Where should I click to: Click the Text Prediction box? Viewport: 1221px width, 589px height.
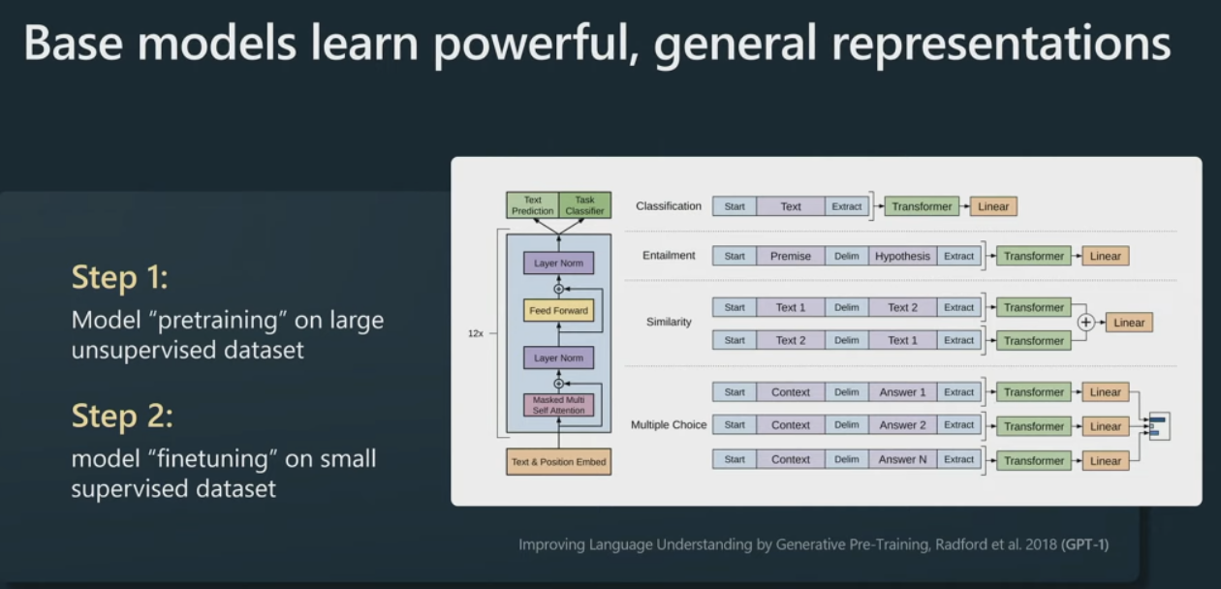(x=533, y=205)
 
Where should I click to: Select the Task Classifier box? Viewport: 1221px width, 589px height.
(x=584, y=205)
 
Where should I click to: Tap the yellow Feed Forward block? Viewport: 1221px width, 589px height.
(x=558, y=311)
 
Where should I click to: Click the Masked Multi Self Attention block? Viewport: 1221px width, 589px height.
(x=558, y=405)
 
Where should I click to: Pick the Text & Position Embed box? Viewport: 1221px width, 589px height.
(x=558, y=462)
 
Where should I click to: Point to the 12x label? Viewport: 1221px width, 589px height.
(x=476, y=332)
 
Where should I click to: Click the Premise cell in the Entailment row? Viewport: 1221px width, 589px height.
(x=791, y=256)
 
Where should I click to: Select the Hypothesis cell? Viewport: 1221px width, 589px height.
(x=902, y=256)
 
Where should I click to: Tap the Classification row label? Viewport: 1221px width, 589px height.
(x=669, y=206)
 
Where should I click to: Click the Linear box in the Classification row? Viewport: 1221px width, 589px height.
(x=993, y=206)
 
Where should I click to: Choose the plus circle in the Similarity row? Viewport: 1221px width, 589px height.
(x=1086, y=323)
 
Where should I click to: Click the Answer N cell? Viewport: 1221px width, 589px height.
(x=902, y=459)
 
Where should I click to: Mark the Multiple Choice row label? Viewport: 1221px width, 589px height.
(x=669, y=425)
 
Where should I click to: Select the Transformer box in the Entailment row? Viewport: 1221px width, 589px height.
(x=1033, y=256)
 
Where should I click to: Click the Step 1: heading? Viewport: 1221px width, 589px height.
(x=120, y=279)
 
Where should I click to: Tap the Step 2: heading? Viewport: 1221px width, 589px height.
(x=122, y=417)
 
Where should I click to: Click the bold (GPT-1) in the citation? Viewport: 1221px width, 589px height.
(x=1084, y=544)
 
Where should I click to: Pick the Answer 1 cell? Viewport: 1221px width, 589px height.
(x=902, y=392)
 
